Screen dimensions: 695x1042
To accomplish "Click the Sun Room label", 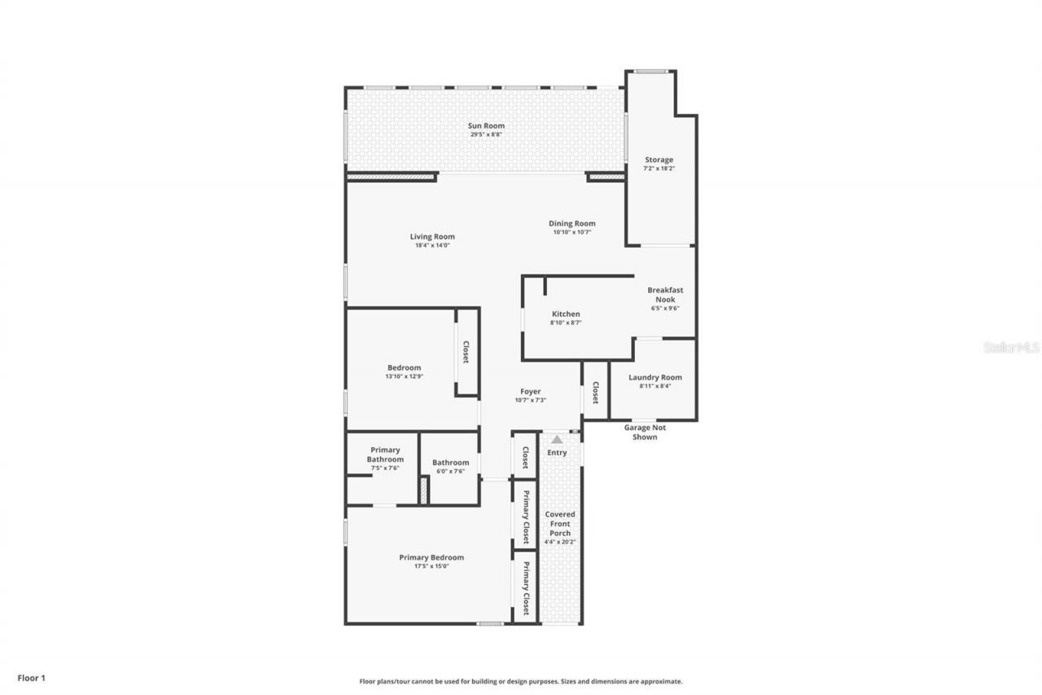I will tap(486, 125).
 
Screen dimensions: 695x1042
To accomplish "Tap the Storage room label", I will tap(659, 160).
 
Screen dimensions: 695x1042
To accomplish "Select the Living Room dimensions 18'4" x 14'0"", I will tap(431, 245).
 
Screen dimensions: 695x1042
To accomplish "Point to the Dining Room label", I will tap(571, 223).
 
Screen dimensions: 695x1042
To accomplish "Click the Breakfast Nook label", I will tap(665, 294).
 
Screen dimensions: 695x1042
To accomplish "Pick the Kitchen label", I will tap(566, 314).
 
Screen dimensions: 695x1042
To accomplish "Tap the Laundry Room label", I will tap(655, 377).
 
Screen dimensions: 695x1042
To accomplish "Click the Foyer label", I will tap(530, 392).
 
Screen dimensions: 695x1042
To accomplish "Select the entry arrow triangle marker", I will tap(557, 439).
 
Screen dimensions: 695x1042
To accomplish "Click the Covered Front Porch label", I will tap(560, 524).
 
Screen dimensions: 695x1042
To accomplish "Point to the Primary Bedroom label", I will tap(431, 557).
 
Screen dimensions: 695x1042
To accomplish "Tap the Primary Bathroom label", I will tap(385, 455).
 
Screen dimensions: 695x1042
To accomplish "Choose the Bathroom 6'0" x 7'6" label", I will tap(450, 466).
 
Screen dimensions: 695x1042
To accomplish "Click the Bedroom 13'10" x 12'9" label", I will tap(404, 372).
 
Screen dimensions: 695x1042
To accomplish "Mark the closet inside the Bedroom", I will tap(466, 352).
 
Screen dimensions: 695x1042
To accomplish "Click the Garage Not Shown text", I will tap(645, 432).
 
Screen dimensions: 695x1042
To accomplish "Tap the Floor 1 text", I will tap(32, 677).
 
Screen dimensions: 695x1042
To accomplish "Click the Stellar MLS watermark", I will tap(1011, 347).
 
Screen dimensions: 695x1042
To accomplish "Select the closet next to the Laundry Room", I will tap(595, 393).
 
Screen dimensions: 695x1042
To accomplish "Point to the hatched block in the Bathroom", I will tap(423, 490).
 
